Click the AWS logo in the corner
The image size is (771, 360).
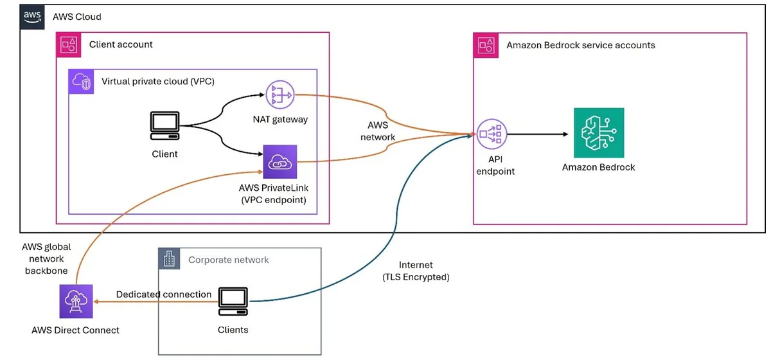[x=32, y=17]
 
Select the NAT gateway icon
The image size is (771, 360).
[x=280, y=94]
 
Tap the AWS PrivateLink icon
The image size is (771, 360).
[x=280, y=161]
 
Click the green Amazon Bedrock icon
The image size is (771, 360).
[x=599, y=132]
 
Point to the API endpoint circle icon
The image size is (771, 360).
[x=492, y=134]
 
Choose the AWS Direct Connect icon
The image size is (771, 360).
[x=76, y=301]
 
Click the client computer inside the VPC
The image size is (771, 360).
[x=164, y=126]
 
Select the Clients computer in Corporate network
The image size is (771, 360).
[x=233, y=301]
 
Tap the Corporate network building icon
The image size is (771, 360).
[x=169, y=258]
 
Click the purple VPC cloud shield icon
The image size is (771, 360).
[x=81, y=82]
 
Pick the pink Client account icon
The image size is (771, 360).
[x=69, y=45]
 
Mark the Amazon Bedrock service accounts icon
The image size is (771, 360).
[x=486, y=45]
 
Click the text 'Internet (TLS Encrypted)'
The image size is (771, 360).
[x=416, y=271]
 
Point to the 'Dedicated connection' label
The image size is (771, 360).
[x=163, y=294]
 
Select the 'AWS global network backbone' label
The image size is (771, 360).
[x=46, y=258]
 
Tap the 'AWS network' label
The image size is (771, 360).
[x=378, y=131]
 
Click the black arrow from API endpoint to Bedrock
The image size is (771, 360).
[x=538, y=134]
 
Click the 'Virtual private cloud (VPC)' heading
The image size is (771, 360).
[x=158, y=81]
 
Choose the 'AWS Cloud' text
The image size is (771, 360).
[x=76, y=17]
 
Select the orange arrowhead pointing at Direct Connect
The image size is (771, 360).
[x=96, y=301]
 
